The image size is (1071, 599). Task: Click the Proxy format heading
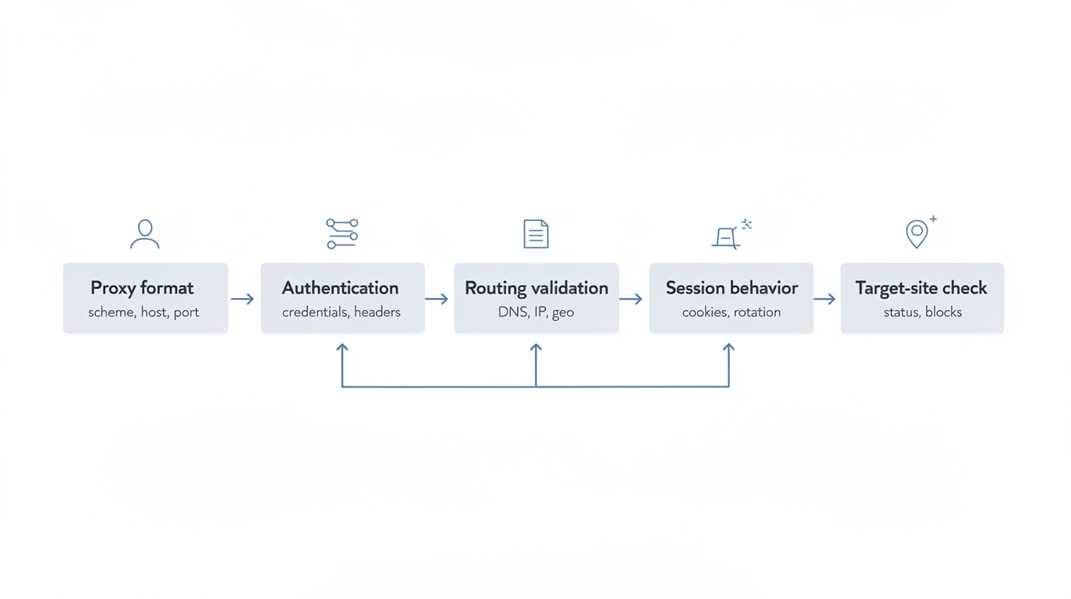pyautogui.click(x=142, y=288)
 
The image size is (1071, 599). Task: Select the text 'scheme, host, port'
pyautogui.click(x=143, y=312)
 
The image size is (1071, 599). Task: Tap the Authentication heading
pyautogui.click(x=340, y=288)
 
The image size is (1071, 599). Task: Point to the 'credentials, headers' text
pyautogui.click(x=341, y=312)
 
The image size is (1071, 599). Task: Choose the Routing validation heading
pyautogui.click(x=536, y=288)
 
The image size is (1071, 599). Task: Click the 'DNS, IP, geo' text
pyautogui.click(x=536, y=312)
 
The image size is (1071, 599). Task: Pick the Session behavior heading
pyautogui.click(x=732, y=288)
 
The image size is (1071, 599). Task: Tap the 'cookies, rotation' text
pyautogui.click(x=732, y=312)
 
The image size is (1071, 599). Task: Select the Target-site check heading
pyautogui.click(x=921, y=288)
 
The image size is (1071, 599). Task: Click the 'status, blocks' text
pyautogui.click(x=923, y=312)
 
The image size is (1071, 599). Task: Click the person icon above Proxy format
pyautogui.click(x=145, y=234)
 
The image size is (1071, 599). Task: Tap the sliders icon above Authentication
pyautogui.click(x=342, y=234)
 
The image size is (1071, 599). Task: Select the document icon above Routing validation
pyautogui.click(x=536, y=234)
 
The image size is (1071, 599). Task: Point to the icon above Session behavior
pyautogui.click(x=730, y=235)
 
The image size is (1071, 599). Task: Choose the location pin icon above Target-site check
pyautogui.click(x=918, y=233)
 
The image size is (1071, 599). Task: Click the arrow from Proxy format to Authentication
pyautogui.click(x=243, y=299)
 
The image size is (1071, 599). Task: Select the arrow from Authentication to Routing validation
pyautogui.click(x=437, y=299)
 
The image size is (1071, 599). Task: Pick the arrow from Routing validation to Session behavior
pyautogui.click(x=631, y=299)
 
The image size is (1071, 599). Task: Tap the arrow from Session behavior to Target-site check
pyautogui.click(x=825, y=299)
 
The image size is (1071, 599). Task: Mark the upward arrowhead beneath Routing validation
pyautogui.click(x=536, y=349)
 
